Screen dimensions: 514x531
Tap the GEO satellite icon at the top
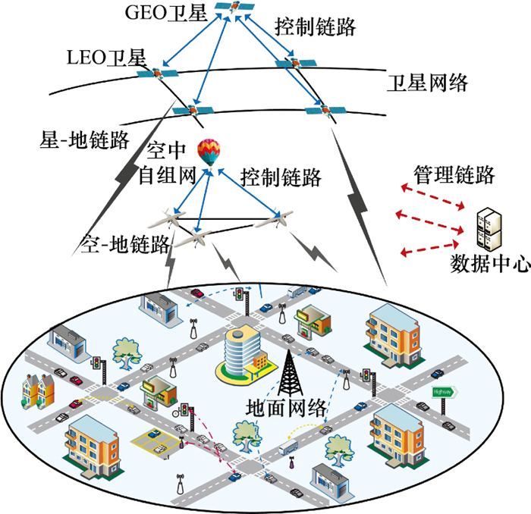[x=234, y=8]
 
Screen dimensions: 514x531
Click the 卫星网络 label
[x=427, y=81]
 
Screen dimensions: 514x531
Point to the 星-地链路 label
[x=75, y=139]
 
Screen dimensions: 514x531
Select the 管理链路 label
[x=454, y=175]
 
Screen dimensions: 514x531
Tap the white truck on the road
[x=292, y=448]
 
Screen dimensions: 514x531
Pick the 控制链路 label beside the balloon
[x=281, y=178]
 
